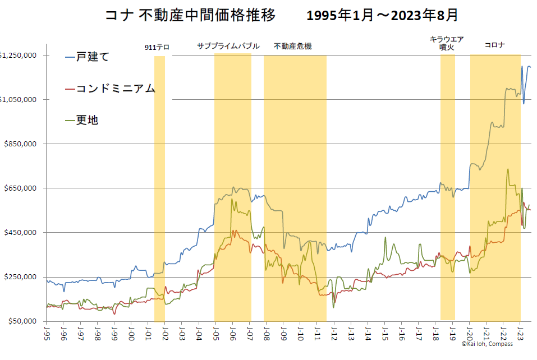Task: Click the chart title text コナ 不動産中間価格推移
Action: point(190,15)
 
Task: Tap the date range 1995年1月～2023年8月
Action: point(382,15)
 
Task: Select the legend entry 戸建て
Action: point(93,57)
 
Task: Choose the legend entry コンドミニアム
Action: point(116,89)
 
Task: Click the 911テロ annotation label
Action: point(157,48)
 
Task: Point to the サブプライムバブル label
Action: point(228,46)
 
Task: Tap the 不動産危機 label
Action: point(292,46)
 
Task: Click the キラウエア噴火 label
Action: point(447,43)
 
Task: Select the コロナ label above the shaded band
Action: point(494,46)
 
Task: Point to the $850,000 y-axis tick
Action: point(20,144)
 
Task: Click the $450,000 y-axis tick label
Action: point(20,232)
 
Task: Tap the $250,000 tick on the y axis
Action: point(20,276)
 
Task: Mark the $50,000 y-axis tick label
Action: point(22,321)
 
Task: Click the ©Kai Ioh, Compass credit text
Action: point(487,344)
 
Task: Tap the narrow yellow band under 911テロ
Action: point(159,185)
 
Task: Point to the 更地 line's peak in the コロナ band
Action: point(508,169)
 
